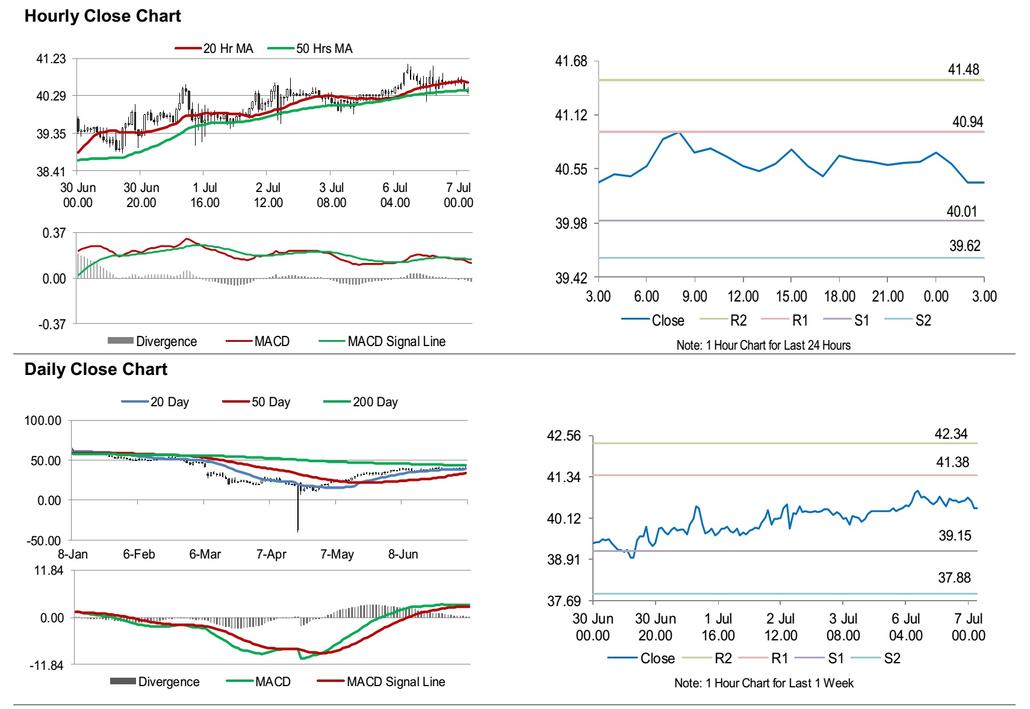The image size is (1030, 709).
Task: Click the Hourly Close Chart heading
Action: pyautogui.click(x=102, y=16)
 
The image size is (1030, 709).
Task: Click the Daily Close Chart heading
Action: pyautogui.click(x=96, y=370)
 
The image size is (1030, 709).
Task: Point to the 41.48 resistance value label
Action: pyautogui.click(x=963, y=70)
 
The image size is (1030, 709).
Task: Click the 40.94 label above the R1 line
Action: pyautogui.click(x=967, y=122)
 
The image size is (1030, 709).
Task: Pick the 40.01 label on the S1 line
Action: pyautogui.click(x=961, y=212)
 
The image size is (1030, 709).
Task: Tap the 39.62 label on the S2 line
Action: pyautogui.click(x=964, y=246)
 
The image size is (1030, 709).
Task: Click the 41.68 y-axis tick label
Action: pyautogui.click(x=571, y=61)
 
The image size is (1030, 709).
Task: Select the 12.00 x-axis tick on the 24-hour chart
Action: pyautogui.click(x=743, y=296)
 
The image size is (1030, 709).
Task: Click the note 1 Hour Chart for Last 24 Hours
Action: pyautogui.click(x=763, y=345)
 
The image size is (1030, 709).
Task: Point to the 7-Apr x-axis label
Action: pyautogui.click(x=271, y=554)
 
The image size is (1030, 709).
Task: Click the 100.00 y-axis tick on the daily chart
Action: pyautogui.click(x=43, y=421)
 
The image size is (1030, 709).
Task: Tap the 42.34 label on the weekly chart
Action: pyautogui.click(x=951, y=435)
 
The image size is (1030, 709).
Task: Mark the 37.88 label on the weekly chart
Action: pyautogui.click(x=954, y=578)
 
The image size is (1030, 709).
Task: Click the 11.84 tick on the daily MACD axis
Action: pyautogui.click(x=49, y=571)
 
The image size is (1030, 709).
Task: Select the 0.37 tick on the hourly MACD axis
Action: pyautogui.click(x=54, y=233)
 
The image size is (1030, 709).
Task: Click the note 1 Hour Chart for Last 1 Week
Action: pyautogui.click(x=763, y=683)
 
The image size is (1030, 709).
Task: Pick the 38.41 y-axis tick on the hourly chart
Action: pyautogui.click(x=51, y=172)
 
